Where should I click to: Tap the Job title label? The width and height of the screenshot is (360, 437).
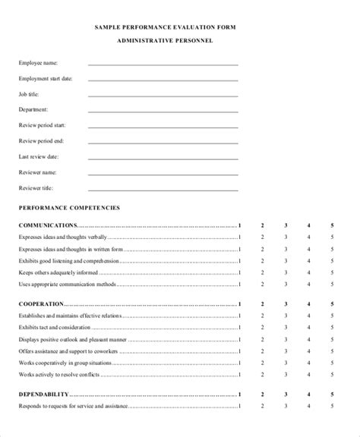point(29,94)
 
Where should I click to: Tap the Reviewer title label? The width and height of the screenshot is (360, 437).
point(36,187)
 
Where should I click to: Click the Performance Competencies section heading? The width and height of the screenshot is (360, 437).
point(70,206)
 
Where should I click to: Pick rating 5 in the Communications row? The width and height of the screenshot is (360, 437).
point(332,225)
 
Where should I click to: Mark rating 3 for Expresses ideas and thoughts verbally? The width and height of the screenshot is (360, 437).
point(286,237)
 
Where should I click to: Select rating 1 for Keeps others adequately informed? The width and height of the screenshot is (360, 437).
point(240,272)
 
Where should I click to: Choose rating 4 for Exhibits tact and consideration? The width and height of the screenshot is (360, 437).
point(308,327)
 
